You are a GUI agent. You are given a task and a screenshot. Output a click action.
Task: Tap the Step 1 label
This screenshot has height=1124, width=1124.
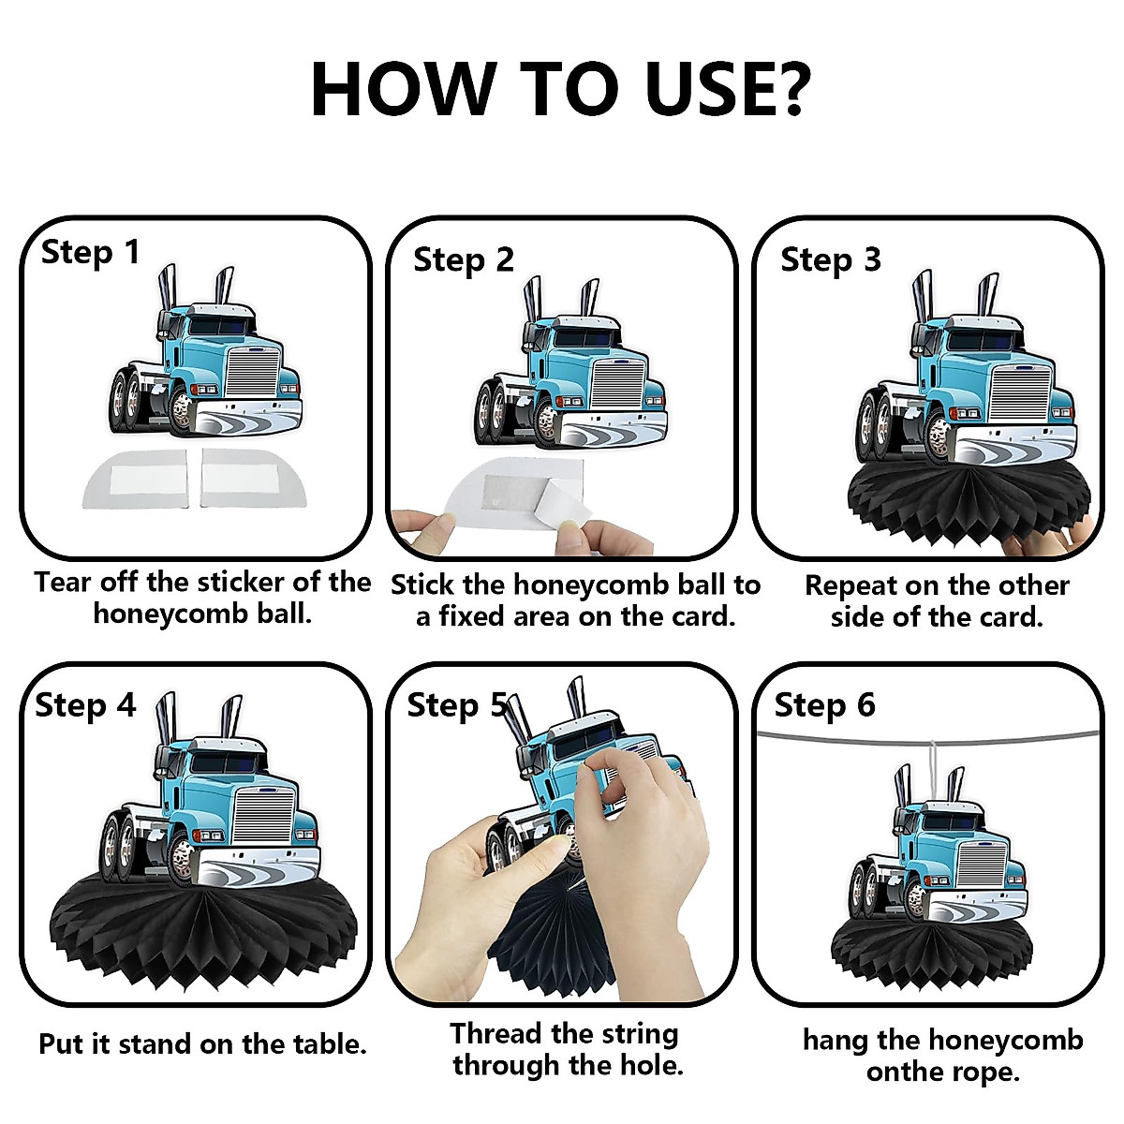(91, 253)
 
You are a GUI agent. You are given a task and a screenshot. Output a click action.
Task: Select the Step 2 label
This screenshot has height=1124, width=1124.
(464, 260)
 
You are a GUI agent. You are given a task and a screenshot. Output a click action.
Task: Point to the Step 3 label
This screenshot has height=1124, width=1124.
(831, 259)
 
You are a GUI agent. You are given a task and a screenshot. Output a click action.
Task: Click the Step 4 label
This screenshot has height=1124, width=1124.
(86, 705)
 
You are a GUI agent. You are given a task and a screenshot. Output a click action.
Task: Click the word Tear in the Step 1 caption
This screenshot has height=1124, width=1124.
(62, 582)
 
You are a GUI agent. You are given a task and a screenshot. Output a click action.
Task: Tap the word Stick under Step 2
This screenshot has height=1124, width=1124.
(422, 584)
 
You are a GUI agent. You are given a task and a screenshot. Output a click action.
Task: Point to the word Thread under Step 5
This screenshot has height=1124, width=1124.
(495, 1032)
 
